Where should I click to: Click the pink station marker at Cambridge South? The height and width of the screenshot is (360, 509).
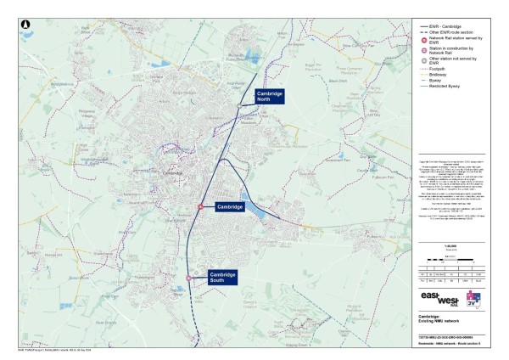[189, 278]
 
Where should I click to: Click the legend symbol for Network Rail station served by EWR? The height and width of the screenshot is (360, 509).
[422, 40]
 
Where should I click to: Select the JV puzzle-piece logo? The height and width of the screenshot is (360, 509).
[484, 299]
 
